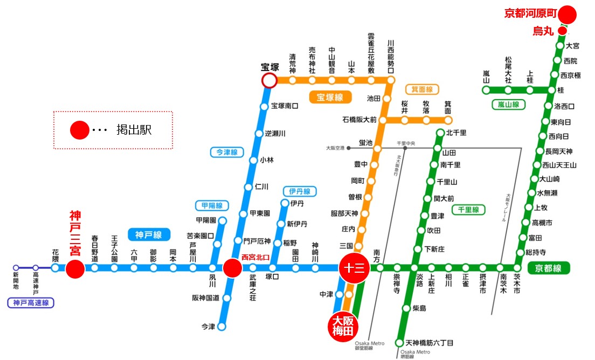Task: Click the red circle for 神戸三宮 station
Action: point(75,268)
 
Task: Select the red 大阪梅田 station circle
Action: point(343,327)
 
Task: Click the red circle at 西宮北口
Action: point(232,268)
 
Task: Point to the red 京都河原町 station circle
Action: point(568,14)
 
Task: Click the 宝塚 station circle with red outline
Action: point(269,81)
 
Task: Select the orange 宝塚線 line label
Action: point(330,98)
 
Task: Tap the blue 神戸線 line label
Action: point(149,234)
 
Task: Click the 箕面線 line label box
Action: point(421,89)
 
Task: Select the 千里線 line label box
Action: point(468,210)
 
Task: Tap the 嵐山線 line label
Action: point(508,105)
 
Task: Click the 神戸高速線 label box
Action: point(31,303)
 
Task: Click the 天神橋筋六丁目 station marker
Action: point(399,343)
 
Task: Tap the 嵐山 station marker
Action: point(486,90)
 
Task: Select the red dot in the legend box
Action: point(79,130)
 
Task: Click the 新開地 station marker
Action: point(16,268)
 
